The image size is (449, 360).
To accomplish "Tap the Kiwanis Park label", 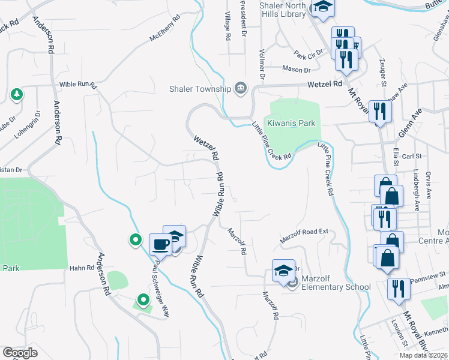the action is click(x=291, y=123).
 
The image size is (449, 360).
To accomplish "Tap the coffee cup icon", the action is click(x=160, y=244).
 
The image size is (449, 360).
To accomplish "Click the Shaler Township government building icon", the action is click(x=241, y=89).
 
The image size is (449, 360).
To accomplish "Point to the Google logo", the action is click(x=20, y=353).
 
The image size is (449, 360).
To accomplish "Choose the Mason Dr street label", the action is click(x=295, y=69).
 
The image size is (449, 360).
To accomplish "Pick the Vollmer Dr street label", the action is click(x=262, y=65).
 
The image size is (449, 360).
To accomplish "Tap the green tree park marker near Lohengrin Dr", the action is click(x=17, y=94).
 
